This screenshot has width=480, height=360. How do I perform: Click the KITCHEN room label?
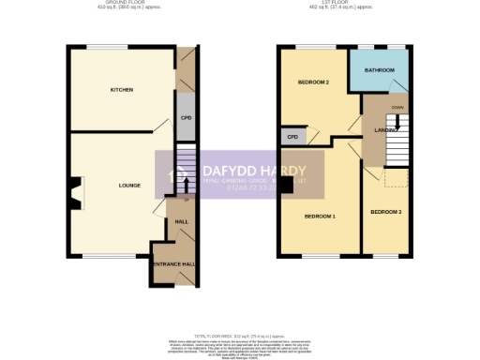(x=122, y=90)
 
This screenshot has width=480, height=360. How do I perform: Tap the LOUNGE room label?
(x=129, y=186)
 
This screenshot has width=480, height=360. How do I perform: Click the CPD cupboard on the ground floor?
(x=186, y=119)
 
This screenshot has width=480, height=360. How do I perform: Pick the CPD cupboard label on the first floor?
(x=292, y=137)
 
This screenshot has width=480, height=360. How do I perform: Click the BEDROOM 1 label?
(x=320, y=217)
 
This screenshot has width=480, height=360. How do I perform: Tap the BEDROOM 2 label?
(x=313, y=82)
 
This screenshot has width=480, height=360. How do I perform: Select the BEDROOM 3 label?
(x=385, y=213)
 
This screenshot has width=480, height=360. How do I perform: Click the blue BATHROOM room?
(x=380, y=71)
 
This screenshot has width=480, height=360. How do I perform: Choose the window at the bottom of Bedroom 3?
(x=385, y=255)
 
